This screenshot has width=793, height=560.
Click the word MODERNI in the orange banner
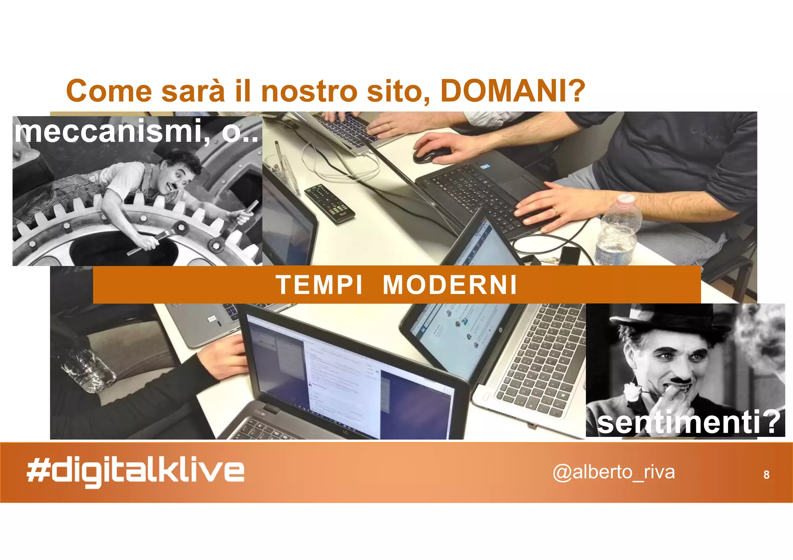coord(450,285)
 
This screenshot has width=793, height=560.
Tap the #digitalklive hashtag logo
coord(136,472)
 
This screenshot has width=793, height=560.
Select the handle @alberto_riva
coord(614,472)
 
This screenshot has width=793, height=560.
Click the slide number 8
coord(766,475)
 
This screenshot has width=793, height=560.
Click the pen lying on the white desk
coord(280,157)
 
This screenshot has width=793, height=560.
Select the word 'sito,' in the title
coord(398,91)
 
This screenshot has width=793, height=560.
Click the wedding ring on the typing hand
coord(555,211)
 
